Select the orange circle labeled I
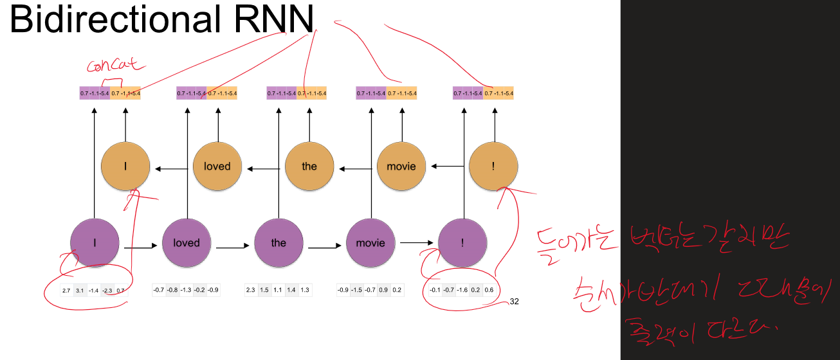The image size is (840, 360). (x=125, y=166)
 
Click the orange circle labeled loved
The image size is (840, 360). (x=217, y=166)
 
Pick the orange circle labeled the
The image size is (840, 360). (x=309, y=166)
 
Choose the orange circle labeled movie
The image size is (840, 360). (x=401, y=166)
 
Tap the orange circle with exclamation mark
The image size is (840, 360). (x=493, y=166)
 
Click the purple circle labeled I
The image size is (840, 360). (x=95, y=243)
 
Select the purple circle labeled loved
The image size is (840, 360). (x=187, y=243)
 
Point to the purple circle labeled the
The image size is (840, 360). (x=278, y=243)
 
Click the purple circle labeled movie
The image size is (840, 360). (x=370, y=243)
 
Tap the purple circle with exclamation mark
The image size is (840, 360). (x=462, y=243)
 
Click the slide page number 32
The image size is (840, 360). (x=514, y=301)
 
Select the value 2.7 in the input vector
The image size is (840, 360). (x=66, y=291)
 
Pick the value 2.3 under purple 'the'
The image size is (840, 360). (x=251, y=290)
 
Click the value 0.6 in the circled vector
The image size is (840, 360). (x=489, y=290)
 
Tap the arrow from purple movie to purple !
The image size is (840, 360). (x=416, y=242)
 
